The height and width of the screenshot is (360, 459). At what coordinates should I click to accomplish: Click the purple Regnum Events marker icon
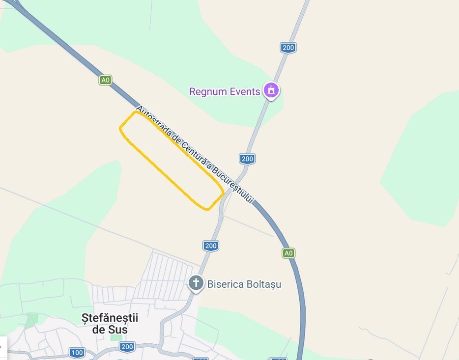(x=270, y=90)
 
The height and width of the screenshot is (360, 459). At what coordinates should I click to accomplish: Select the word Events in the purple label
(x=245, y=92)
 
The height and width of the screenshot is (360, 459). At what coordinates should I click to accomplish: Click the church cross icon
(x=196, y=283)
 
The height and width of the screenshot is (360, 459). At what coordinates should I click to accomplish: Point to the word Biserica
(x=225, y=284)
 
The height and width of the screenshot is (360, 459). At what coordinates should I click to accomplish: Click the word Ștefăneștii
(x=110, y=318)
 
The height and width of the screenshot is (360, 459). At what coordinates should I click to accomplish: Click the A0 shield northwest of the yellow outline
(x=105, y=80)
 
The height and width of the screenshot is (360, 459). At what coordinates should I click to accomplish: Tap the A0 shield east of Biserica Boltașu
(x=288, y=253)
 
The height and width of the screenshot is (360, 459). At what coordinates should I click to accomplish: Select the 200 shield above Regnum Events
(x=288, y=48)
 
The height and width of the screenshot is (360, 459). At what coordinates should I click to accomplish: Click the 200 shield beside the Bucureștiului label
(x=247, y=159)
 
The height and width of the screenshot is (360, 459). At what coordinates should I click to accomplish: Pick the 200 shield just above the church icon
(x=210, y=246)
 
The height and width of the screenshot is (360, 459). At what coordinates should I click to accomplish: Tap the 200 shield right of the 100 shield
(x=127, y=347)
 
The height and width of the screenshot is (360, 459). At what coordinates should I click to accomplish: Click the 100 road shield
(x=77, y=352)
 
